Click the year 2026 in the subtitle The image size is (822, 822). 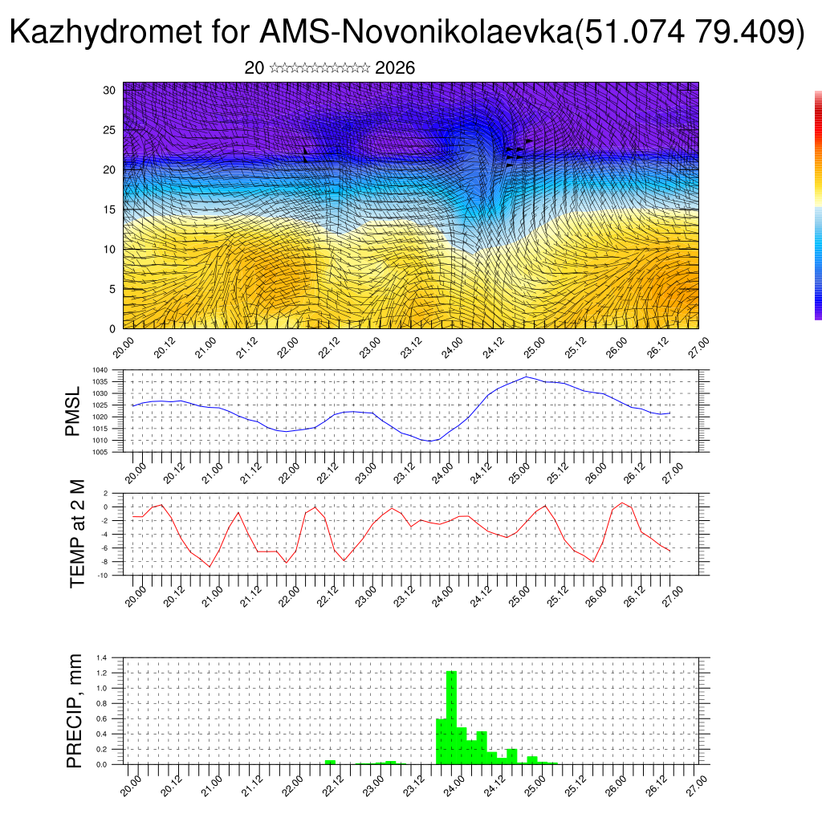click(x=395, y=68)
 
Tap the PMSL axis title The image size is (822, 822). click(x=73, y=410)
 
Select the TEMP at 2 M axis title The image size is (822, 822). click(x=77, y=534)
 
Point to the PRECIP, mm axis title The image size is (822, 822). click(x=75, y=710)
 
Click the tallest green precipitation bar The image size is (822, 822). click(x=451, y=714)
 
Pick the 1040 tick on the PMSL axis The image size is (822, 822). click(x=100, y=370)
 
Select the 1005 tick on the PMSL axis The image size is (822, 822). click(x=100, y=452)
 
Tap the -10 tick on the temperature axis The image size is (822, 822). click(x=103, y=576)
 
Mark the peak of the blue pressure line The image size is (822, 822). click(x=526, y=376)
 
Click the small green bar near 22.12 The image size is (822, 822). click(x=330, y=762)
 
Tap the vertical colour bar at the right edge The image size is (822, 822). click(x=818, y=205)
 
